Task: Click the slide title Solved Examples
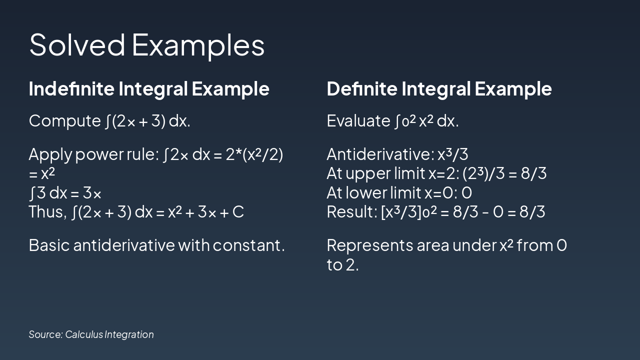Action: click(x=147, y=45)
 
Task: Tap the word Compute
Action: click(x=64, y=121)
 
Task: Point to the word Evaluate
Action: click(x=358, y=120)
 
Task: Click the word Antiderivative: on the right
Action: click(x=380, y=154)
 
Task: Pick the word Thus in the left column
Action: click(x=47, y=211)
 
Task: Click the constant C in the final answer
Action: click(x=238, y=212)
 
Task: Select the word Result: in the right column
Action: click(x=352, y=211)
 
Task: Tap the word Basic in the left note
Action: click(x=49, y=245)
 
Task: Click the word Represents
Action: click(x=369, y=245)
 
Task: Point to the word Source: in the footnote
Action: click(x=45, y=334)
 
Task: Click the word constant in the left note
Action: click(x=248, y=245)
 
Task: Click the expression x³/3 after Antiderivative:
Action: click(x=453, y=154)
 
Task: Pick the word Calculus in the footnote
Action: click(x=84, y=334)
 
